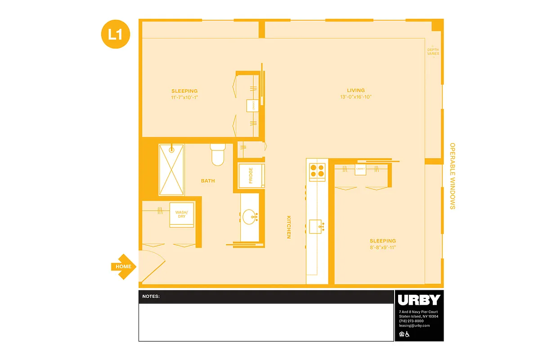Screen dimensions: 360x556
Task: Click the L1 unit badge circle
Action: click(x=116, y=34)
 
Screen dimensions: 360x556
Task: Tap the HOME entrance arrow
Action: click(x=123, y=266)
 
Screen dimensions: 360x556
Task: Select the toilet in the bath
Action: click(x=217, y=154)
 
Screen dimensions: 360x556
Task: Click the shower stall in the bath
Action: click(x=171, y=170)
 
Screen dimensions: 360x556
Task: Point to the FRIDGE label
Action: click(x=251, y=175)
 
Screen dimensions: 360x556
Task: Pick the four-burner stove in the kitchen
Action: click(x=317, y=171)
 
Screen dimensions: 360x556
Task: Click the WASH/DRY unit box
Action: click(x=181, y=215)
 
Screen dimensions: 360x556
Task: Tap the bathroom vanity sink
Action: click(x=250, y=217)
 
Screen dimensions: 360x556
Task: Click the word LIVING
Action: click(x=356, y=90)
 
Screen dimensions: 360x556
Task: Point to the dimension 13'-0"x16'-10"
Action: click(x=356, y=97)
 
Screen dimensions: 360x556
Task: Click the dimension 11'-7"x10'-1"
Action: click(x=184, y=97)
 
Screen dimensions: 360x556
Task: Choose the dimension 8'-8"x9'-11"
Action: click(x=383, y=247)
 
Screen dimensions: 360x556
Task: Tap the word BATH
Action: click(x=208, y=181)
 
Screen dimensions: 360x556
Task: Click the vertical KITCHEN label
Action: click(x=289, y=227)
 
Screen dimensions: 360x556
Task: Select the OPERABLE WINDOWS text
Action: click(x=453, y=176)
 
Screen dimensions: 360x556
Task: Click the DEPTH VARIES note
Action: click(x=433, y=52)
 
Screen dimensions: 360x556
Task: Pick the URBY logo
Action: click(x=419, y=300)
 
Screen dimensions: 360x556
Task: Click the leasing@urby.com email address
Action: click(x=414, y=325)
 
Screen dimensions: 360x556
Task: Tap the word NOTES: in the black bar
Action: click(x=151, y=297)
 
